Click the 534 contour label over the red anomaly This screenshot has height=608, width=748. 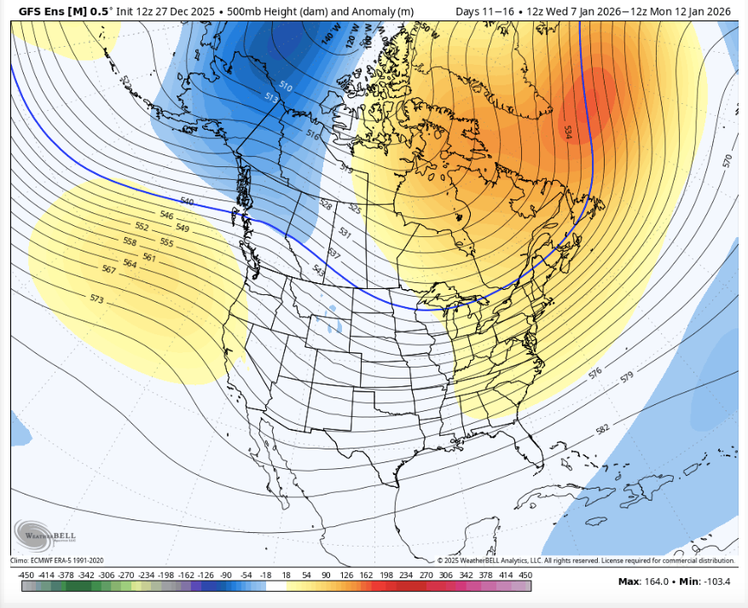tap(567, 131)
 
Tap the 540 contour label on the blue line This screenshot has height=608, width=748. tap(188, 202)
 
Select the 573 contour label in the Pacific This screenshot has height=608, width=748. tap(96, 298)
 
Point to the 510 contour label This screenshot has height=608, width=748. tap(285, 86)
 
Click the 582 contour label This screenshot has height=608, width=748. tap(603, 429)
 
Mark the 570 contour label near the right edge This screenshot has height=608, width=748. tap(727, 160)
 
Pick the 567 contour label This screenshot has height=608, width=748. tap(108, 269)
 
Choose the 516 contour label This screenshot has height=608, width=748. tap(312, 135)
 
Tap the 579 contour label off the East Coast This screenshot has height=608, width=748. tap(629, 376)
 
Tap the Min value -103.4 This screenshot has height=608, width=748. tap(715, 582)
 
